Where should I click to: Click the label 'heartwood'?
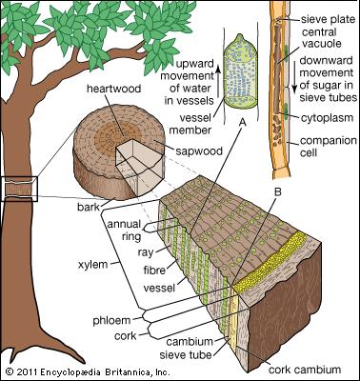click(113, 89)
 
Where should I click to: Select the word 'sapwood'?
click(199, 150)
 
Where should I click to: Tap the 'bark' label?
click(89, 207)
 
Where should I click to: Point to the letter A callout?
click(242, 122)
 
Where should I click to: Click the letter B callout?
click(277, 191)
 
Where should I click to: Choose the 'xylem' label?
click(92, 264)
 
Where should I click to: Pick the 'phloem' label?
click(111, 320)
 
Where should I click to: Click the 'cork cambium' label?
click(305, 370)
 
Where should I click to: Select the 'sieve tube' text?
click(186, 354)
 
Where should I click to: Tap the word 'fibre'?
click(154, 271)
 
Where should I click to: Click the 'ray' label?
click(146, 252)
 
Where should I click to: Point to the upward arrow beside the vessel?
click(218, 80)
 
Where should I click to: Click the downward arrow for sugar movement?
click(294, 79)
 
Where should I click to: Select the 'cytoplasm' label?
click(327, 118)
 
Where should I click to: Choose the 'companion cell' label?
click(329, 147)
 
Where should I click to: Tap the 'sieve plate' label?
click(328, 20)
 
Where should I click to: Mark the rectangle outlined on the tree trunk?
click(19, 189)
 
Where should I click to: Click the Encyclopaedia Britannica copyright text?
click(88, 371)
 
